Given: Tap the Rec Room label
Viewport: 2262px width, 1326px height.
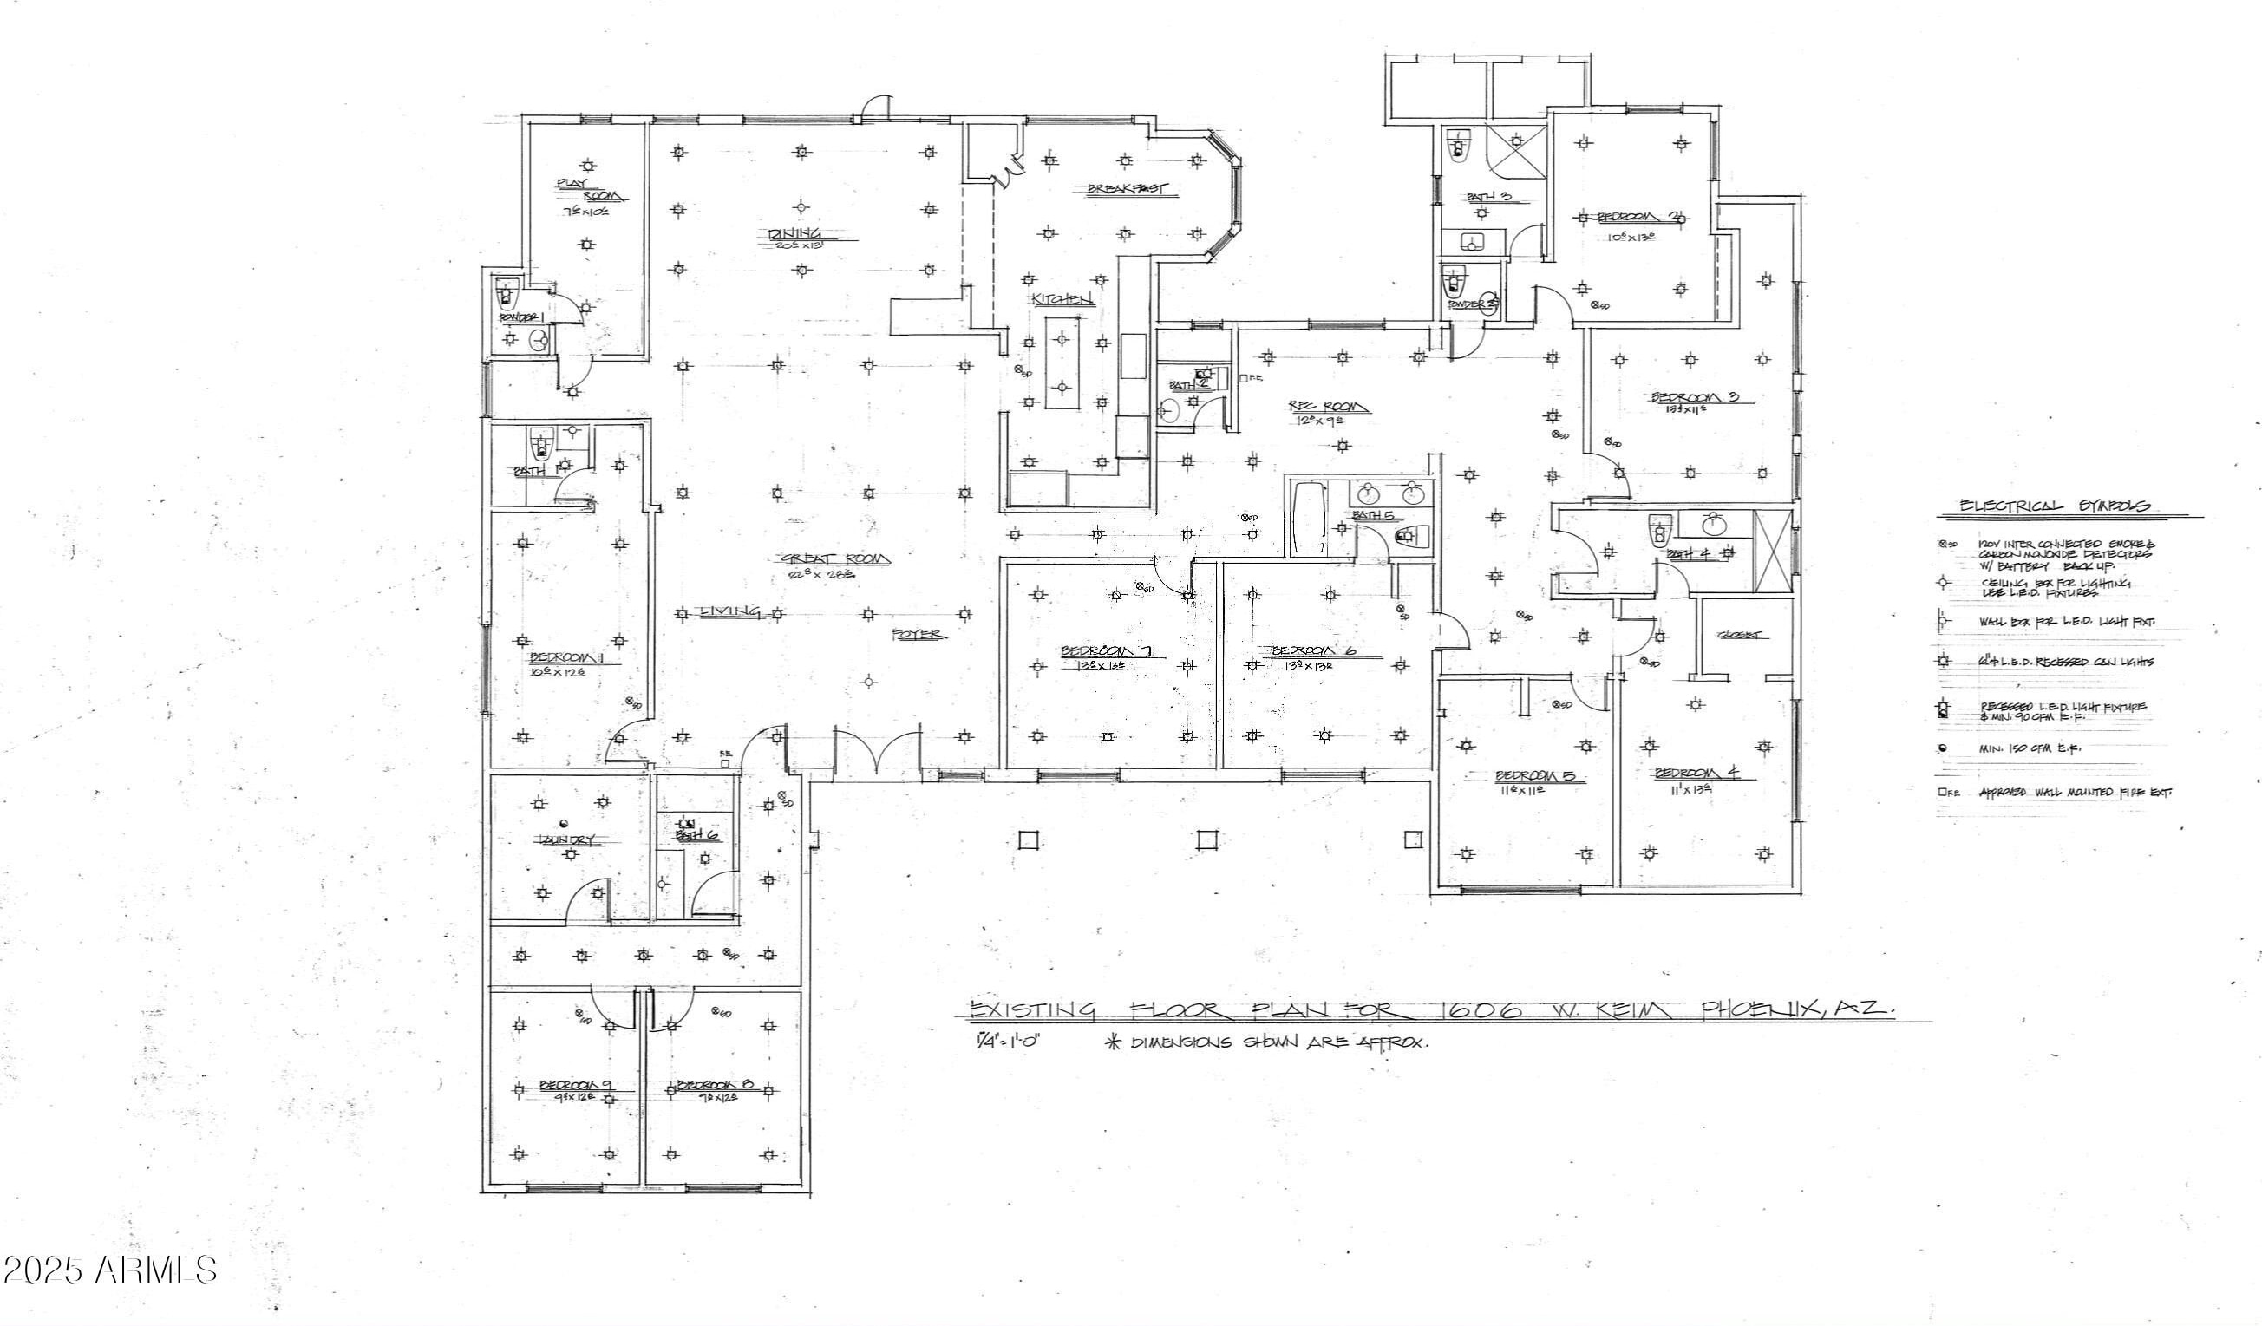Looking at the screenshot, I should pyautogui.click(x=1332, y=407).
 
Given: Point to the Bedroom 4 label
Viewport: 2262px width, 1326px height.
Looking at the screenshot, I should pyautogui.click(x=1696, y=772).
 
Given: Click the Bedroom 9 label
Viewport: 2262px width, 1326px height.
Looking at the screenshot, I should pyautogui.click(x=574, y=1086).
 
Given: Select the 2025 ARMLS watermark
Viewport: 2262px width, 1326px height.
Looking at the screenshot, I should pyautogui.click(x=109, y=1270).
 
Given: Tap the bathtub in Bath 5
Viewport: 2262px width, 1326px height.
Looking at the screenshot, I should pyautogui.click(x=1306, y=519).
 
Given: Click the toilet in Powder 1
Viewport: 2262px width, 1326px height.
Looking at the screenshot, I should pyautogui.click(x=508, y=294).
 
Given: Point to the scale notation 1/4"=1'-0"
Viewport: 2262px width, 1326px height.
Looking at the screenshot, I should pyautogui.click(x=1010, y=1042).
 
